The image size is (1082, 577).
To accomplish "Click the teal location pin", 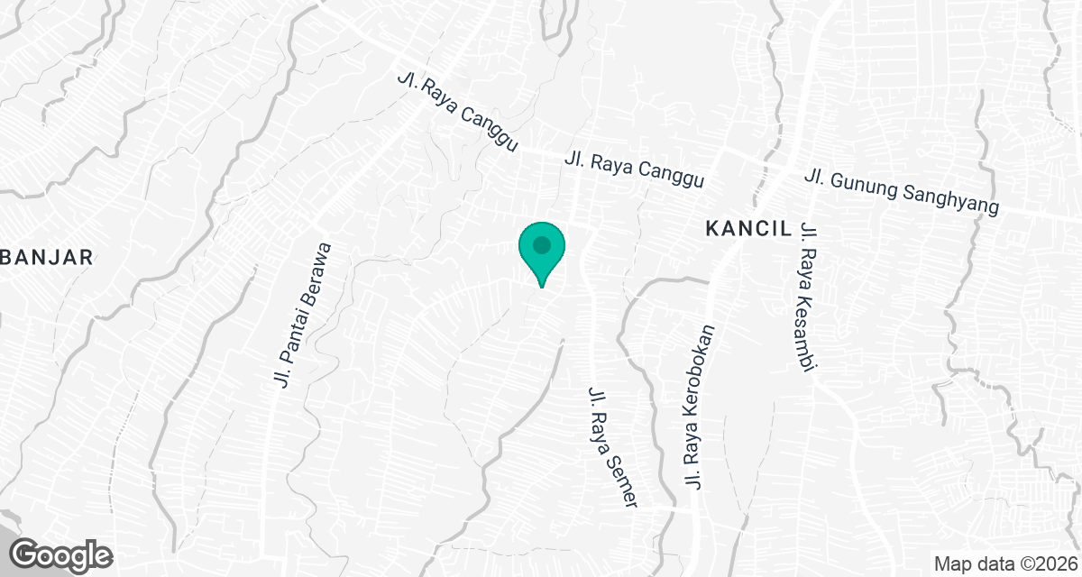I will click(x=541, y=250).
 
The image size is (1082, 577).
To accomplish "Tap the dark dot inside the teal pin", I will click(x=541, y=244).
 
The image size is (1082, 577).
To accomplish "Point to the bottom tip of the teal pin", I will click(x=541, y=287).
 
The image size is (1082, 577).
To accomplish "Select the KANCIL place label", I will click(x=747, y=229).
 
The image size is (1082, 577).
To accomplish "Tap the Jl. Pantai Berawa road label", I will click(x=303, y=316).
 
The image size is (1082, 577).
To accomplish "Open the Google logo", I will click(x=61, y=554).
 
